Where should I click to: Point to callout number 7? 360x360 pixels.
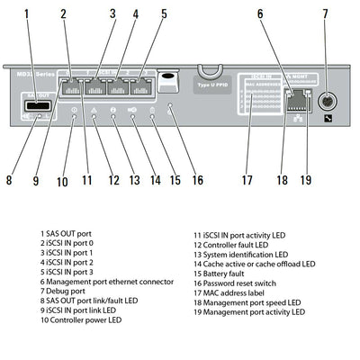[326, 14]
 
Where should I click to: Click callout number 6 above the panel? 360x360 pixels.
[259, 14]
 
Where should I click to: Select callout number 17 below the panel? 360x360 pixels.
[245, 179]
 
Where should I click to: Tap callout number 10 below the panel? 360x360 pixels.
[62, 182]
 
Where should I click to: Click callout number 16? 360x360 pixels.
[197, 180]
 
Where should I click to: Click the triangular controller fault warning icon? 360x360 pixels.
[94, 110]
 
